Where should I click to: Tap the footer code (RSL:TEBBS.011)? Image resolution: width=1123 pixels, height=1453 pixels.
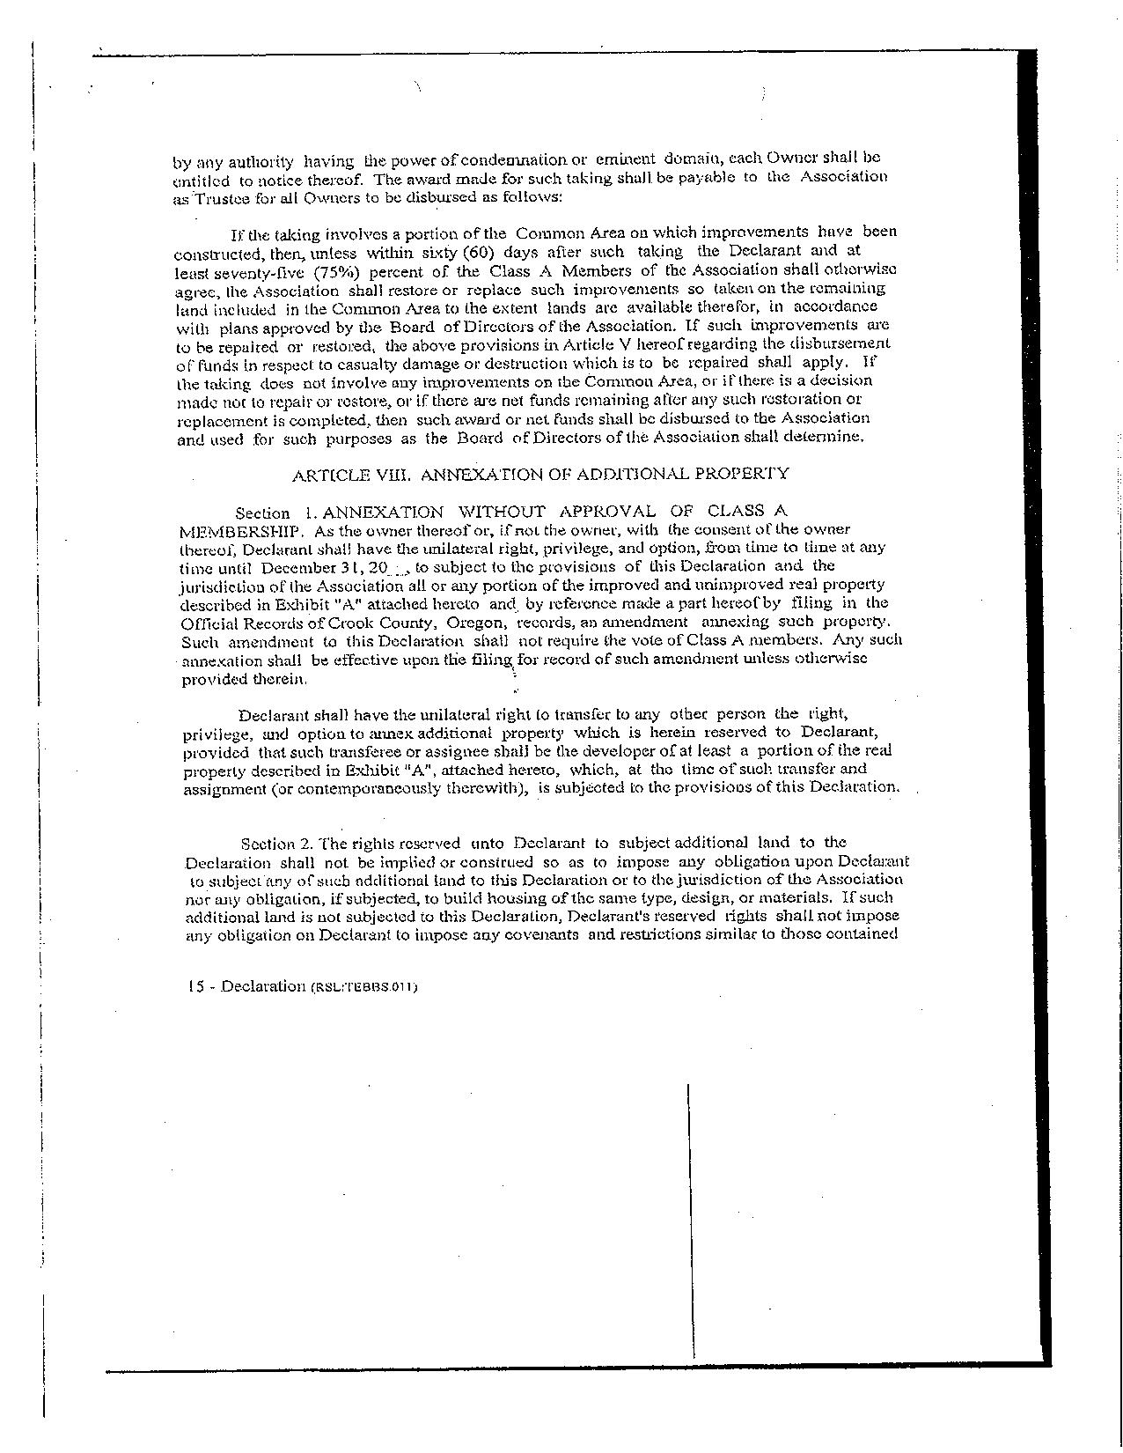click(x=363, y=987)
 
